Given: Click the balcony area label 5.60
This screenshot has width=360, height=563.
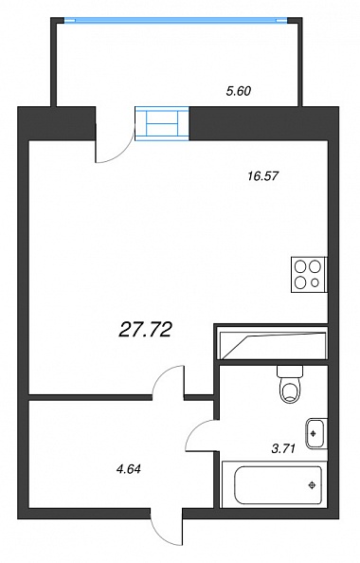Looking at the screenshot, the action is [x=239, y=92].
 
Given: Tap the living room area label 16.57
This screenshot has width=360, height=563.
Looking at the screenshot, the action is [x=263, y=176].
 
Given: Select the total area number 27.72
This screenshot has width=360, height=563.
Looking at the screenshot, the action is [x=145, y=330].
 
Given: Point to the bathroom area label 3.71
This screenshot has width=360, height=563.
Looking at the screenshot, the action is [x=283, y=448].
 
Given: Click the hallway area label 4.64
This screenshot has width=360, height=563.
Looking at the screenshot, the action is [x=127, y=469].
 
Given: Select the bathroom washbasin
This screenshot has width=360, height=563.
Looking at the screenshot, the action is [x=316, y=434].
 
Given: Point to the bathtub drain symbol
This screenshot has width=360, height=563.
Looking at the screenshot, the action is [x=312, y=485].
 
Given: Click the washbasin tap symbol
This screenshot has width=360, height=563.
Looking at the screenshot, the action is [x=313, y=434].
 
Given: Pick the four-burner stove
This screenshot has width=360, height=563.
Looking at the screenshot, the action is [x=309, y=274].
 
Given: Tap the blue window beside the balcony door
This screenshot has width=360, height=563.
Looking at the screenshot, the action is [x=162, y=122].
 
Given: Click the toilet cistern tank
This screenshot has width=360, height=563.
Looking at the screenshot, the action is [x=290, y=371].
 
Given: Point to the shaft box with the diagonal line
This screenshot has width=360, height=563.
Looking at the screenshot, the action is [x=271, y=342].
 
